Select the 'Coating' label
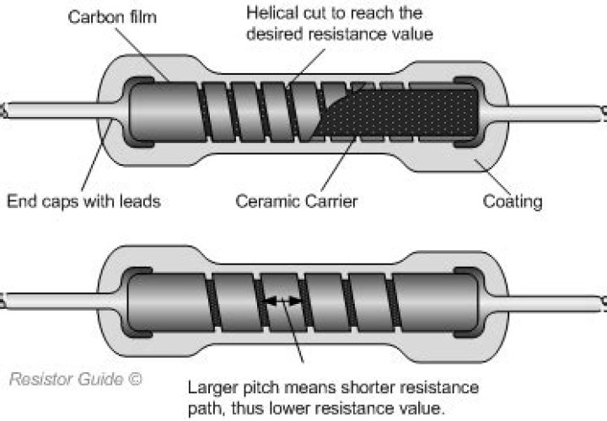pos(512,202)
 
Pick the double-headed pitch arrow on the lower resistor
pos(282,300)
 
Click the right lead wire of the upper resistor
pos(556,110)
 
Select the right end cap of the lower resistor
pos(466,299)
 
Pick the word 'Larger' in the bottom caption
pos(213,387)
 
